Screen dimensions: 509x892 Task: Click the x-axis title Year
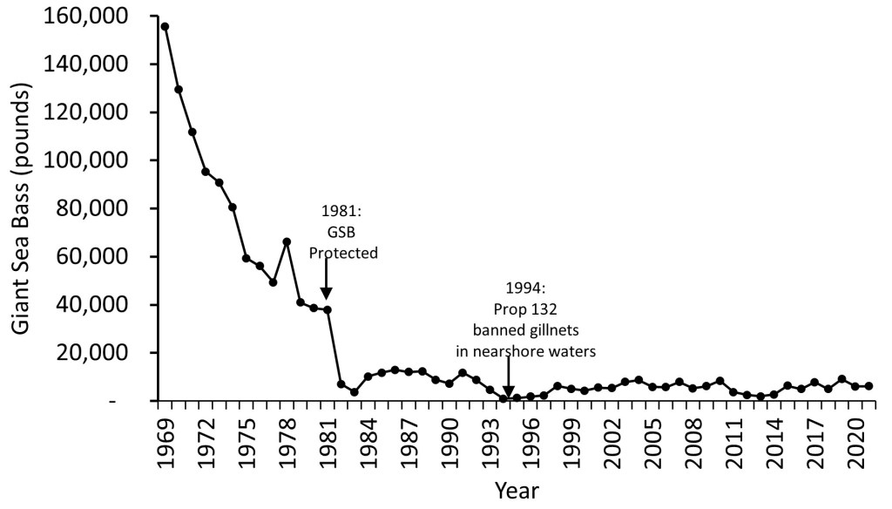(516, 490)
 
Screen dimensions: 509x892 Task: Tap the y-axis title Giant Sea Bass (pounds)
(24, 209)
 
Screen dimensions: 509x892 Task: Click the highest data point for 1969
(165, 26)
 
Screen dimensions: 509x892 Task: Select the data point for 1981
(328, 309)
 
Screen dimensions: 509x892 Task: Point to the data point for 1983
(355, 392)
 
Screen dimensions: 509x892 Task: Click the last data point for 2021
(868, 386)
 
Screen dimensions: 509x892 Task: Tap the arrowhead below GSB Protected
(327, 294)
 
